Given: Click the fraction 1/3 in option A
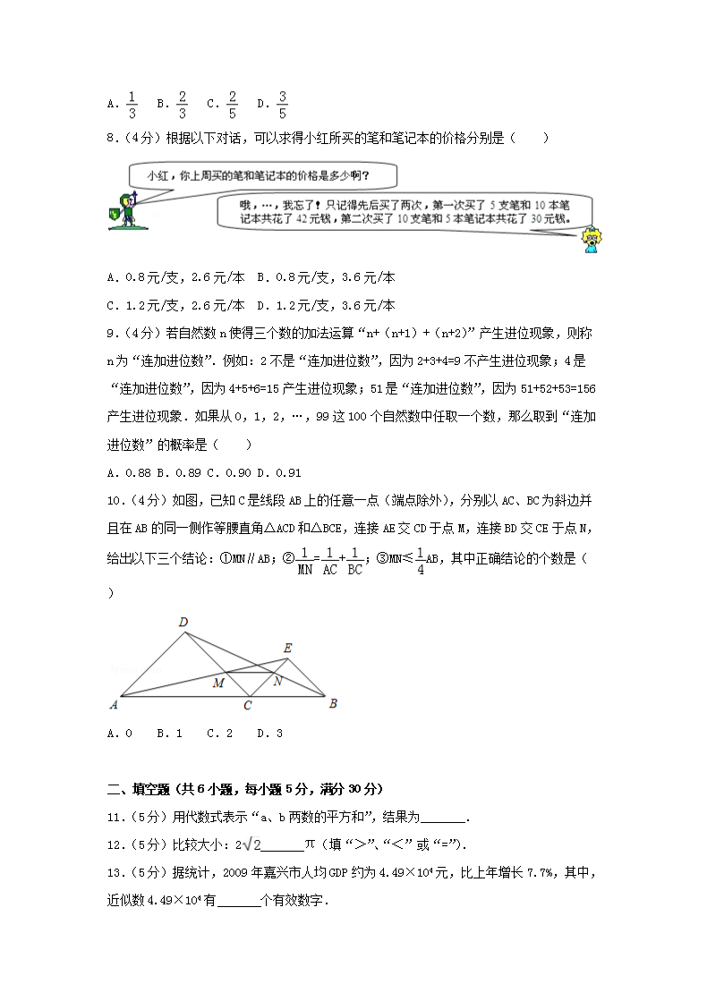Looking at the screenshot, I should (131, 105).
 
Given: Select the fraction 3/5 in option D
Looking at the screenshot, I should (282, 105).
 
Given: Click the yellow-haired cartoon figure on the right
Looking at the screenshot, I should (591, 239).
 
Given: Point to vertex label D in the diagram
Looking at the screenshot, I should (183, 623).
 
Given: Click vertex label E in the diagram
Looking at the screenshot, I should (287, 648).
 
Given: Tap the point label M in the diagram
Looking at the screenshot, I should (217, 684).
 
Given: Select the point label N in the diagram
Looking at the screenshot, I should (278, 682).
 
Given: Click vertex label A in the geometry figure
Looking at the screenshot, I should (114, 704).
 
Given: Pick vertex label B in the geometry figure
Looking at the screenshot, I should (333, 703).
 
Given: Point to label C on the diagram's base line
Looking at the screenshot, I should (248, 707).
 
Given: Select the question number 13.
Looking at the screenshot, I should (115, 870).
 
